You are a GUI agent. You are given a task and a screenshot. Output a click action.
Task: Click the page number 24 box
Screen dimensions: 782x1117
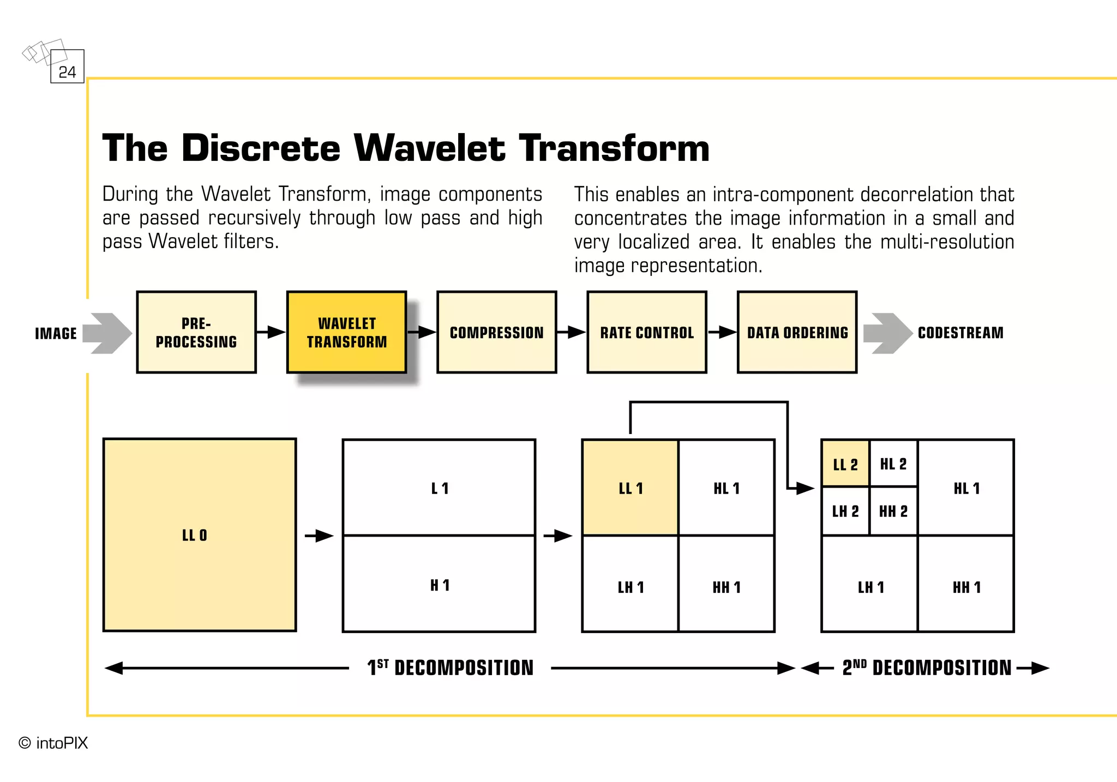(67, 67)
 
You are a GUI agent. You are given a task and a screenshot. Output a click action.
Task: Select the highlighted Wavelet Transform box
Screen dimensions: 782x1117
(346, 332)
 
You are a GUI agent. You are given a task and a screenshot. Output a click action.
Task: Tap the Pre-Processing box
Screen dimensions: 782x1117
(196, 332)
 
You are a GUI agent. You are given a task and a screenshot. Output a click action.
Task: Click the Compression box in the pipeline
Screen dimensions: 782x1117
(496, 332)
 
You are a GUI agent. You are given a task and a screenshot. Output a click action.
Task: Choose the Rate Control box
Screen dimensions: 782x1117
(647, 332)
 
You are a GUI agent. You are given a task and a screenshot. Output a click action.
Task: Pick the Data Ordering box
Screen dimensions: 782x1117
(797, 332)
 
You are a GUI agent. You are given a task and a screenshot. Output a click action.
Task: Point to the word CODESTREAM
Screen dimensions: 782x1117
(960, 333)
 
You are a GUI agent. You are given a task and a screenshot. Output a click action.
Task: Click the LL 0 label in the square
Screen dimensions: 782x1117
(195, 536)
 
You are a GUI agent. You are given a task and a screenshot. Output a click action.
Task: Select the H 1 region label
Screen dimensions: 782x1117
(440, 586)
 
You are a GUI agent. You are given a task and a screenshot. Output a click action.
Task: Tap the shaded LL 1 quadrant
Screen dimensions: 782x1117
(630, 488)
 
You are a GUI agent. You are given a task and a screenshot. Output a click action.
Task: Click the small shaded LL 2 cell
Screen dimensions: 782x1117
(845, 464)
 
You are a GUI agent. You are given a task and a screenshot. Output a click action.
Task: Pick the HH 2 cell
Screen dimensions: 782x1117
(893, 512)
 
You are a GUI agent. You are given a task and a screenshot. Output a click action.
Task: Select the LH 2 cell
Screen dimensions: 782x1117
(845, 512)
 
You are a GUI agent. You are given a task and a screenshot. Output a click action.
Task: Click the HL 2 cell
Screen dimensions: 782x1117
(893, 464)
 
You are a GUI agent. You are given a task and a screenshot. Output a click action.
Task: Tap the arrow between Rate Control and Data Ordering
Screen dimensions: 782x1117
(722, 332)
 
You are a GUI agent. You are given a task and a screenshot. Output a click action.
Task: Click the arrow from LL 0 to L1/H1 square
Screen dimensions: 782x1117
(319, 536)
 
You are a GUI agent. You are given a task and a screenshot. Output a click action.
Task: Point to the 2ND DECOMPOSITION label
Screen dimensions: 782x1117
(926, 668)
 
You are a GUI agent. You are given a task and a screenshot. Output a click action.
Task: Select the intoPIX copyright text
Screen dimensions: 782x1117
(53, 743)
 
